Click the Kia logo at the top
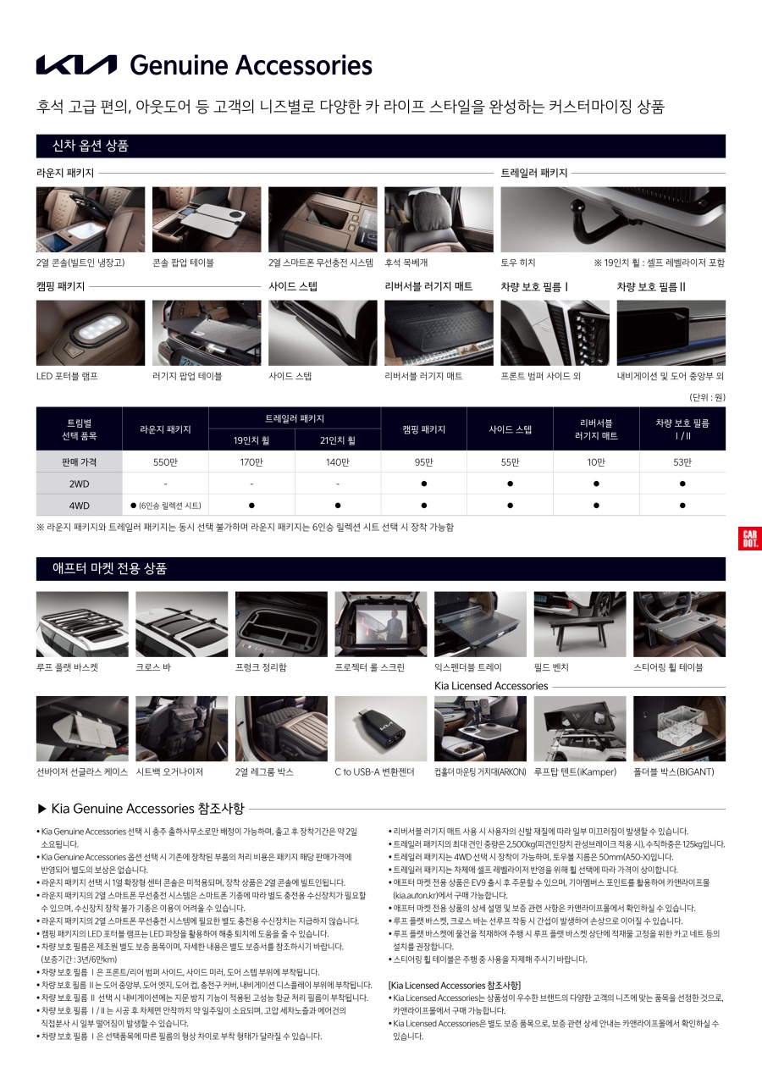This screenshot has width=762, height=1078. pyautogui.click(x=76, y=65)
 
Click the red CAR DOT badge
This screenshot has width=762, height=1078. pyautogui.click(x=749, y=539)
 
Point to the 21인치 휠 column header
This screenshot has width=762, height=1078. pyautogui.click(x=338, y=440)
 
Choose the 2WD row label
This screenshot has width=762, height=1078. pyautogui.click(x=80, y=484)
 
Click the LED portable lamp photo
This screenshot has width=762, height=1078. pyautogui.click(x=79, y=332)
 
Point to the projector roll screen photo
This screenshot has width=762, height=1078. pyautogui.click(x=381, y=624)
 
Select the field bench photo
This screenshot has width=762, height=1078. pyautogui.click(x=580, y=624)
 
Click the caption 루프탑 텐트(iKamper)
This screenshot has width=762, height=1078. pyautogui.click(x=575, y=772)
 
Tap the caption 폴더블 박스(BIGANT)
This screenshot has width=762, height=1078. pyautogui.click(x=674, y=772)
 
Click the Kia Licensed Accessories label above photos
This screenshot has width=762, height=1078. pyautogui.click(x=491, y=686)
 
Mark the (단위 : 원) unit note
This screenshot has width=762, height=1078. pyautogui.click(x=707, y=397)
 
